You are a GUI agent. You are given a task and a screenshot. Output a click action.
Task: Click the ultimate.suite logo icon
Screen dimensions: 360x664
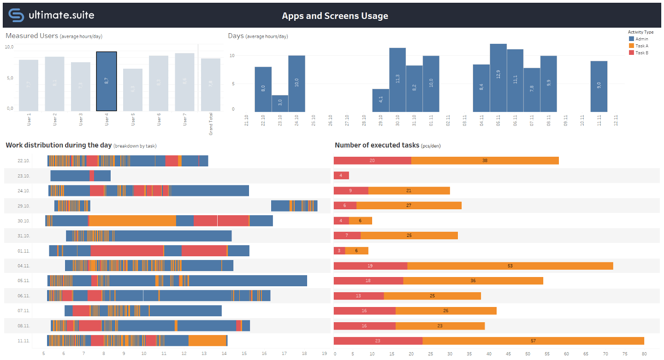pos(16,15)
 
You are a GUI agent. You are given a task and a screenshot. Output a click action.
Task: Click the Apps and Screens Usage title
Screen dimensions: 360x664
pos(335,16)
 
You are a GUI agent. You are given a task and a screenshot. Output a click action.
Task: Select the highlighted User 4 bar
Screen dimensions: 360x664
pos(107,81)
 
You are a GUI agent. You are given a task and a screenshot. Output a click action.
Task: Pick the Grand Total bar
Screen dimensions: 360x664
pos(211,85)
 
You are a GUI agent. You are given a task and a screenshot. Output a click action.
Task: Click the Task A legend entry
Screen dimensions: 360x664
pos(642,46)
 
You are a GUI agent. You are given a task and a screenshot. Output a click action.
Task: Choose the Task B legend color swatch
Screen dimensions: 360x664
pos(632,53)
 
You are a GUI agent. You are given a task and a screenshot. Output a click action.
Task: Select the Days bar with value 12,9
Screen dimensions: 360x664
pos(498,77)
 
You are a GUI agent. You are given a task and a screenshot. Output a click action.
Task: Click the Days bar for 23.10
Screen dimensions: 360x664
pos(280,103)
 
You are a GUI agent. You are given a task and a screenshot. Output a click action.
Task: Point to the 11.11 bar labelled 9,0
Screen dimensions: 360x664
pos(599,86)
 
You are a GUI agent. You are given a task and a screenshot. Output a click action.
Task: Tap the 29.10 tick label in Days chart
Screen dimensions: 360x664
pos(381,120)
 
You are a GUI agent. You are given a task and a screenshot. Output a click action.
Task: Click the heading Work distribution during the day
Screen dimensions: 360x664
pos(59,145)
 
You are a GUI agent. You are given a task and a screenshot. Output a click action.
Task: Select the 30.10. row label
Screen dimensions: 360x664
pos(24,221)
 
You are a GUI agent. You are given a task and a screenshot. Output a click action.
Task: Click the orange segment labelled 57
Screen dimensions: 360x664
pos(533,341)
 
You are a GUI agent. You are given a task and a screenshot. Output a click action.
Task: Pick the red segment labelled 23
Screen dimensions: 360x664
pos(378,341)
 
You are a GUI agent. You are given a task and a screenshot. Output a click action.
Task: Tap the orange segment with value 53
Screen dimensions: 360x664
pos(510,266)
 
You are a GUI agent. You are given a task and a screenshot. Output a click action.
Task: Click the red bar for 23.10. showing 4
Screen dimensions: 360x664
pos(341,176)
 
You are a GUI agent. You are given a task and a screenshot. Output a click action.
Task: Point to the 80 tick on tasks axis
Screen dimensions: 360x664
pos(644,354)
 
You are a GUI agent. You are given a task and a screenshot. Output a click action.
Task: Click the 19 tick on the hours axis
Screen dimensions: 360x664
pos(324,354)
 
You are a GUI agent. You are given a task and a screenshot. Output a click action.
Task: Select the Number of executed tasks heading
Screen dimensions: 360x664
pos(377,145)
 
